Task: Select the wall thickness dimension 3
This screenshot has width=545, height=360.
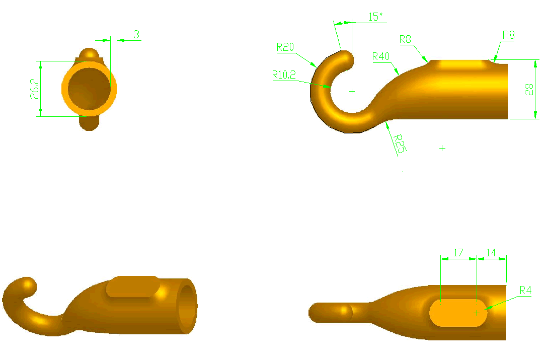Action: [136, 34]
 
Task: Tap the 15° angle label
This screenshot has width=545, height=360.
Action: [375, 17]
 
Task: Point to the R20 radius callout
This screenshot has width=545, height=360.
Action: [285, 47]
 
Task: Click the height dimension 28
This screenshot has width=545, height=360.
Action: [528, 90]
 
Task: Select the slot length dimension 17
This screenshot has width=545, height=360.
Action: [458, 253]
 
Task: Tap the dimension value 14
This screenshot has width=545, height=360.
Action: [491, 253]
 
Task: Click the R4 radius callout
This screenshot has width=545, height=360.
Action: [525, 290]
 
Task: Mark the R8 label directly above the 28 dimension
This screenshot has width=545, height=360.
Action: [508, 35]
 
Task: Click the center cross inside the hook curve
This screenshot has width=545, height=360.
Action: [352, 91]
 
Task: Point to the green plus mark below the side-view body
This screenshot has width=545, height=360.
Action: [442, 148]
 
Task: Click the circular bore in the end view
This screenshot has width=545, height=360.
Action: [89, 89]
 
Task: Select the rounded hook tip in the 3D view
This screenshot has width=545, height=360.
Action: [26, 285]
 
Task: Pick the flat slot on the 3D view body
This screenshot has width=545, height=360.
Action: [133, 286]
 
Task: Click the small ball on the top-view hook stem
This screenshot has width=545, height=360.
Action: [345, 312]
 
